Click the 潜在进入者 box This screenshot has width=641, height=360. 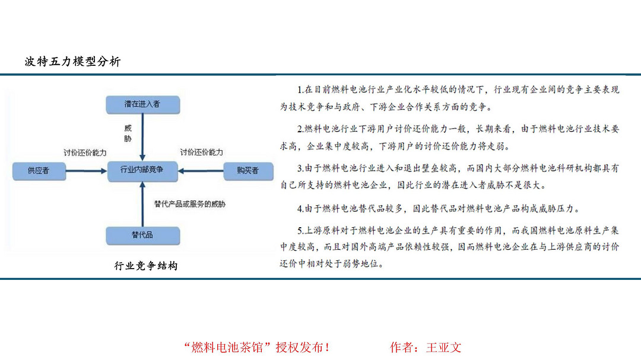click(x=142, y=104)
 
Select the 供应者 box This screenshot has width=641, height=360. click(x=39, y=171)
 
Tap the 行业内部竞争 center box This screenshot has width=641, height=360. click(x=142, y=171)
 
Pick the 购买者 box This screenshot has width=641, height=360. click(x=248, y=171)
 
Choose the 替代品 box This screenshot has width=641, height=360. click(x=142, y=236)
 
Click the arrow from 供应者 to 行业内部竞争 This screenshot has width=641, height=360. click(x=86, y=171)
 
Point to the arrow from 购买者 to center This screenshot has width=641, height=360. click(x=201, y=171)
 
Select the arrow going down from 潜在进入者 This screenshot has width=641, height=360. click(x=142, y=138)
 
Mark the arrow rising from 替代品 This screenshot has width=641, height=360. click(x=142, y=204)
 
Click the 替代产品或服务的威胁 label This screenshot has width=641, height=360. click(x=190, y=204)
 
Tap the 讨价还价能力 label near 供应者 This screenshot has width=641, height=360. click(x=85, y=152)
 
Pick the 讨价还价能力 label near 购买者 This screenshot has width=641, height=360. click(x=202, y=152)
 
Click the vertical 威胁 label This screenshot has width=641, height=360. click(x=128, y=133)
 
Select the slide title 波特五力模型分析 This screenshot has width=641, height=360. click(x=73, y=62)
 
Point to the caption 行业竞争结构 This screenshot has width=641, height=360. click(x=146, y=266)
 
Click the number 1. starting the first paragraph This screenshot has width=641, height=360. click(x=300, y=90)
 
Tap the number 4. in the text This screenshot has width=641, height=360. click(x=300, y=209)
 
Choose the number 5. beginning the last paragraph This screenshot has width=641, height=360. click(x=300, y=231)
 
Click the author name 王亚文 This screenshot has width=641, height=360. click(x=443, y=348)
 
